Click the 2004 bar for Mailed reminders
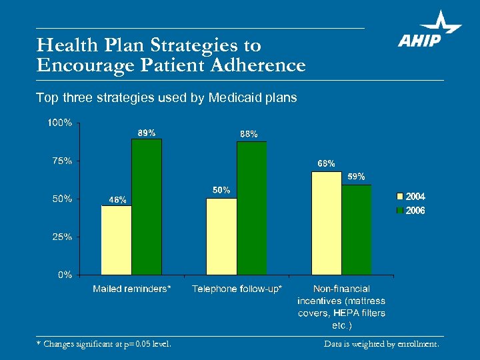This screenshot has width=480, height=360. click(x=116, y=240)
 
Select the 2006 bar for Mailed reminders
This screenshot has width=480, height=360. click(x=146, y=207)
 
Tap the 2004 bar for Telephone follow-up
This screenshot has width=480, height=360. click(x=221, y=236)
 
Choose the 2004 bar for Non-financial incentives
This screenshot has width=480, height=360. click(x=327, y=223)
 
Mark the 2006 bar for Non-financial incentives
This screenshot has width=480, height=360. click(x=357, y=229)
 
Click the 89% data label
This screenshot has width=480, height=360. click(x=147, y=133)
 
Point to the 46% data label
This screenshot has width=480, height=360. click(x=117, y=199)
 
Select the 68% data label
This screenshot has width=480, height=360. click(x=326, y=163)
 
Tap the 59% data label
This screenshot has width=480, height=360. click(x=356, y=177)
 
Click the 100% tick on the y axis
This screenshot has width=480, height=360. click(x=60, y=123)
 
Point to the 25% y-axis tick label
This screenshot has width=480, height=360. click(x=62, y=237)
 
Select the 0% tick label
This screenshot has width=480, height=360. click(x=65, y=275)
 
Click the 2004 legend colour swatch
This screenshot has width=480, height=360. click(x=400, y=197)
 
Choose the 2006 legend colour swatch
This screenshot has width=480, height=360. click(x=400, y=211)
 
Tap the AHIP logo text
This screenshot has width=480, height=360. click(x=420, y=41)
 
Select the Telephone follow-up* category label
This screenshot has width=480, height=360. click(x=237, y=289)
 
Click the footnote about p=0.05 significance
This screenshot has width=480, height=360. click(x=103, y=344)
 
